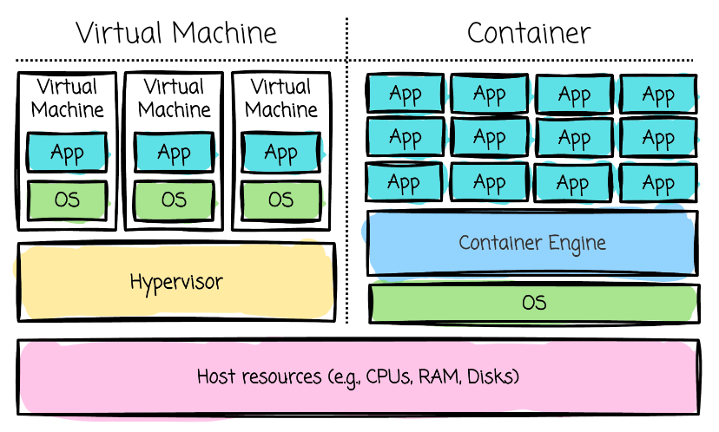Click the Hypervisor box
tap(176, 282)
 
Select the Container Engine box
tap(532, 242)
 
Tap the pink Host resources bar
tap(359, 377)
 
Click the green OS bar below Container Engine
tap(534, 303)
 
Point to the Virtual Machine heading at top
tap(176, 33)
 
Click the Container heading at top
tap(529, 33)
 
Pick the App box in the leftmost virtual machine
tap(67, 154)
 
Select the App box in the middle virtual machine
tap(174, 154)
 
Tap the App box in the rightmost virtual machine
tap(280, 154)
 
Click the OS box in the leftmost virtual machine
tap(67, 200)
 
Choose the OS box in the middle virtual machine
tap(174, 200)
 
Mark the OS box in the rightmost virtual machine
tap(280, 200)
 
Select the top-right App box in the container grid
tap(658, 94)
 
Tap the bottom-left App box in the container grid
tap(405, 182)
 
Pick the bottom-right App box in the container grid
tap(658, 182)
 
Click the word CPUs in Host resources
tap(388, 377)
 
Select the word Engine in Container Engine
tap(577, 242)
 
